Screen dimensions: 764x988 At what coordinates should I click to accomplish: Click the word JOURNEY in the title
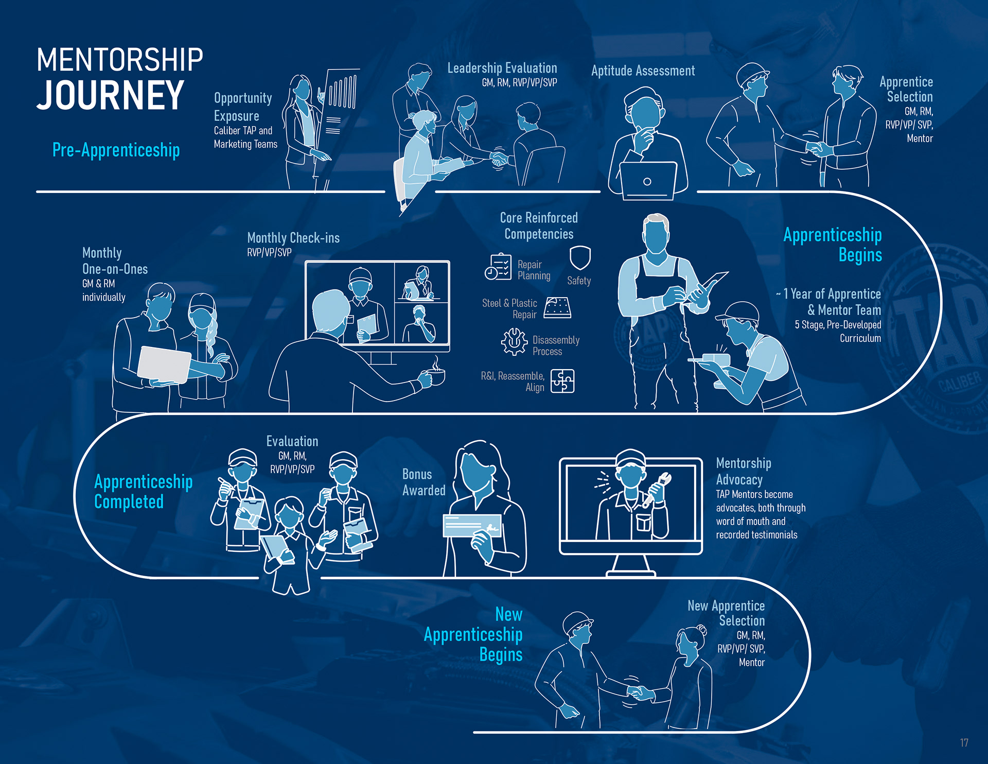(110, 95)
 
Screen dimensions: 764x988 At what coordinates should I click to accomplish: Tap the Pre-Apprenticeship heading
(116, 150)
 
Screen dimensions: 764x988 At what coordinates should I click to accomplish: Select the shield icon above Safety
(580, 257)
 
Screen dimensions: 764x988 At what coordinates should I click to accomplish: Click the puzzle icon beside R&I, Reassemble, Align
(562, 381)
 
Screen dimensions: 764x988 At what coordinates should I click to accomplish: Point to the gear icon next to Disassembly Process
(514, 341)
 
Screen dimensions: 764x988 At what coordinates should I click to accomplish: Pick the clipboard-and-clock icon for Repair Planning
(498, 267)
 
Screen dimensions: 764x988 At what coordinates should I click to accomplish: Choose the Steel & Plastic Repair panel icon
(557, 308)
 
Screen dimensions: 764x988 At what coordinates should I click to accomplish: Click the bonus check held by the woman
(472, 526)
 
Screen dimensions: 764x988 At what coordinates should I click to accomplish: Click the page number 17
(964, 742)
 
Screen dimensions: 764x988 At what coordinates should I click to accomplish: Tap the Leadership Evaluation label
(502, 68)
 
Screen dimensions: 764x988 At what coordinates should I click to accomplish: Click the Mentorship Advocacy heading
(743, 471)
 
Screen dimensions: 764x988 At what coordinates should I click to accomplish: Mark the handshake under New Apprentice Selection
(639, 691)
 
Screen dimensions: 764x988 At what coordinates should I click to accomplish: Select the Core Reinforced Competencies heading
(539, 225)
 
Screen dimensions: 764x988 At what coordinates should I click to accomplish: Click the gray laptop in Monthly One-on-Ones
(164, 364)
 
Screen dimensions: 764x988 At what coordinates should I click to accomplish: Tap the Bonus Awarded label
(424, 482)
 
